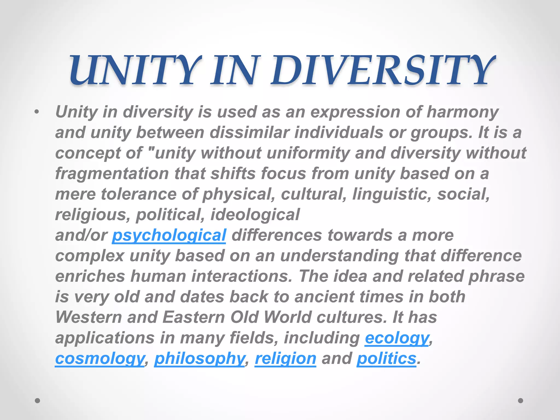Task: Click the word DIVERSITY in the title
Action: [x=383, y=71]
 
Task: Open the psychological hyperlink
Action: [x=169, y=235]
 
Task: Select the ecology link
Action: [x=397, y=338]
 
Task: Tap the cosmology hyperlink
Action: [x=100, y=358]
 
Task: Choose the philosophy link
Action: [x=199, y=358]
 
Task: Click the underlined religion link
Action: [x=285, y=358]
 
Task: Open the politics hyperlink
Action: [x=386, y=358]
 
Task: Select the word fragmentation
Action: [x=112, y=174]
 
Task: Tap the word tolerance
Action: [x=139, y=194]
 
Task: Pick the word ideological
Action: [x=255, y=215]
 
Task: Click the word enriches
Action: [x=90, y=276]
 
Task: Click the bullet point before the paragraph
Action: [x=37, y=112]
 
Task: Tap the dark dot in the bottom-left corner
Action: [x=37, y=401]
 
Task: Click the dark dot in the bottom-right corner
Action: [x=521, y=401]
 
